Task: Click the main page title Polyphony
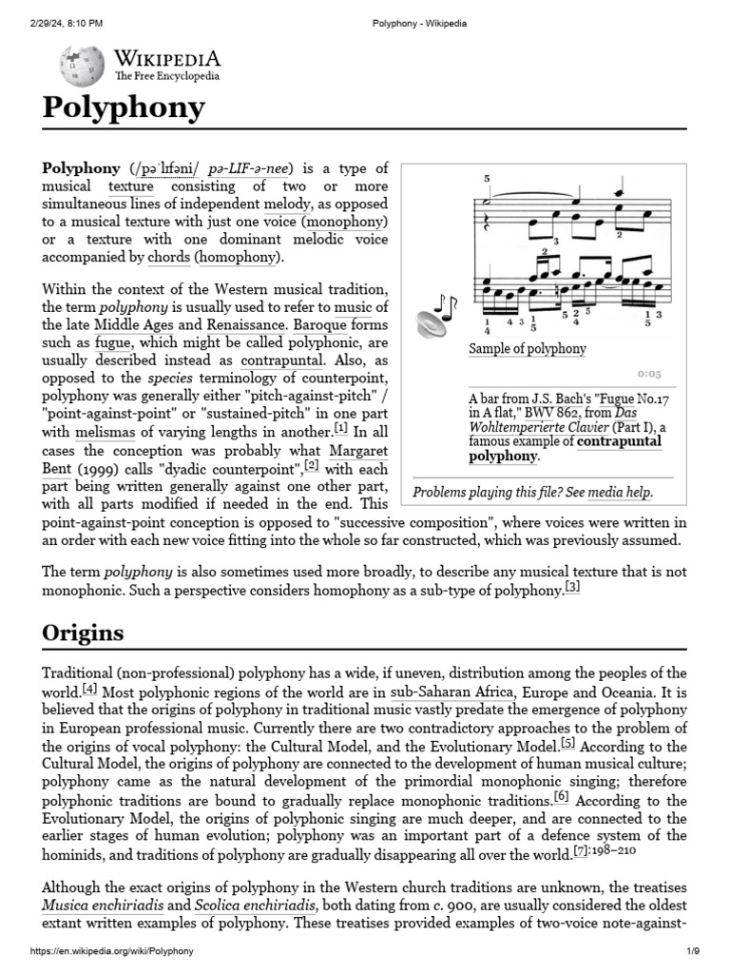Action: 124,107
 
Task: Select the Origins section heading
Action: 83,633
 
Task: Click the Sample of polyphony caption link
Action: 527,349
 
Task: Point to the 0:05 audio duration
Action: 649,375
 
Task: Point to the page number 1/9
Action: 694,951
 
